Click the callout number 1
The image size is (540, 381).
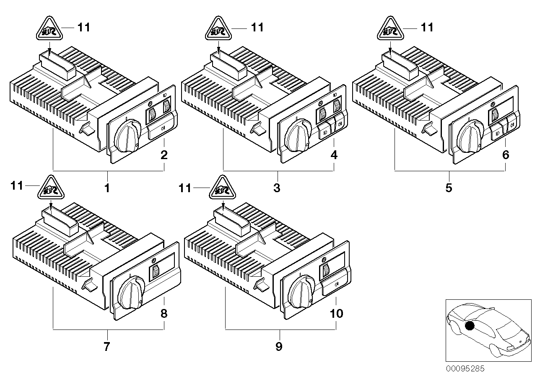[x=107, y=188]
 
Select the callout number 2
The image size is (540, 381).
[x=164, y=155]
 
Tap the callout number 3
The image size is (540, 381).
[x=277, y=188]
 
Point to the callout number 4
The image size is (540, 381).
[x=334, y=155]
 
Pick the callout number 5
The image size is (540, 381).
[x=449, y=188]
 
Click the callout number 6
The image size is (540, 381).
[x=506, y=155]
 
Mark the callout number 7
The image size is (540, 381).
[x=107, y=347]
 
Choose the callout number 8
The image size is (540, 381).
[x=164, y=314]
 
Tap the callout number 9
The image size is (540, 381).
[x=279, y=347]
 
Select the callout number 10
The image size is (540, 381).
[x=337, y=314]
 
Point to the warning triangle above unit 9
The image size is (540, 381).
[x=221, y=189]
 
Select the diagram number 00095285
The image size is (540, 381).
[x=465, y=369]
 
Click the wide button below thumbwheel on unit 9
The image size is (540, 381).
[x=334, y=286]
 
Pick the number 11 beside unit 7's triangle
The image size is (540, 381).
[x=17, y=186]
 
